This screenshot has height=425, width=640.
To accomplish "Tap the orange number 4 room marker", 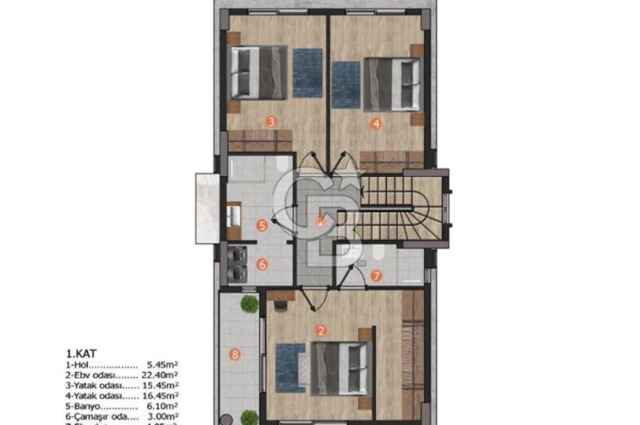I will [376, 125].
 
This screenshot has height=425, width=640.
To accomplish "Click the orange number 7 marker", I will [376, 277].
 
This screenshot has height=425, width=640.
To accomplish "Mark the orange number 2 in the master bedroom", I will [321, 331].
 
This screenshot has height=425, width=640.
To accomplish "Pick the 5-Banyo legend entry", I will [81, 407].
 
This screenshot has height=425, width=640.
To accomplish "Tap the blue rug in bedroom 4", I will [346, 84].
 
